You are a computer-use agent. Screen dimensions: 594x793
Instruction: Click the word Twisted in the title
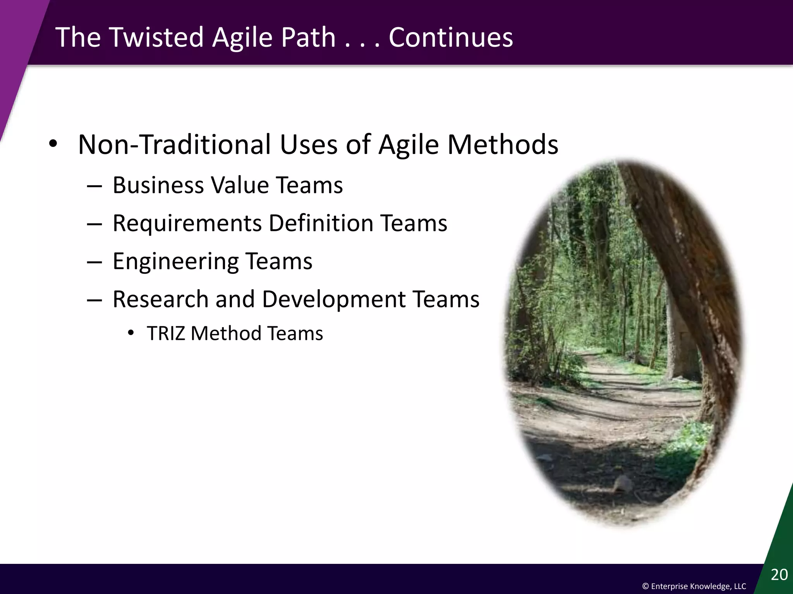[x=157, y=37]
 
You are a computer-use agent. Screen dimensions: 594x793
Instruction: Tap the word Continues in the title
[x=450, y=37]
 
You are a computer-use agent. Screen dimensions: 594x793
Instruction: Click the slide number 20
[x=779, y=575]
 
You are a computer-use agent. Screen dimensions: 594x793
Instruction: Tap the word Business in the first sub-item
[x=158, y=185]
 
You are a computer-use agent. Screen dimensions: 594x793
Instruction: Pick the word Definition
[x=321, y=223]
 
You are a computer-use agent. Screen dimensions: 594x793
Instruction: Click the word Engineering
[x=175, y=261]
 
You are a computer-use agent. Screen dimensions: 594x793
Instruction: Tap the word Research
[x=160, y=299]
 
